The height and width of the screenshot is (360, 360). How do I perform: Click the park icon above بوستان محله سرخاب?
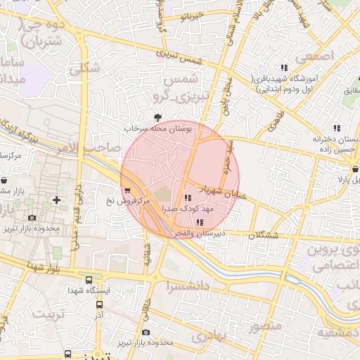tap(157, 118)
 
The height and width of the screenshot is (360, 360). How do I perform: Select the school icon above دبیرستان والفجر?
tap(200, 222)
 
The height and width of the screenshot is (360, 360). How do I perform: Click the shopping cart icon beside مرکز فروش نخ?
tap(126, 190)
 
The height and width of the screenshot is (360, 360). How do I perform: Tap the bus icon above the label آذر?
tap(99, 304)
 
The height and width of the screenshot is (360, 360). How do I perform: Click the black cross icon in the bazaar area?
tap(56, 200)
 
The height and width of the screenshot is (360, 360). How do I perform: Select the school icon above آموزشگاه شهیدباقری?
tap(284, 67)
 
